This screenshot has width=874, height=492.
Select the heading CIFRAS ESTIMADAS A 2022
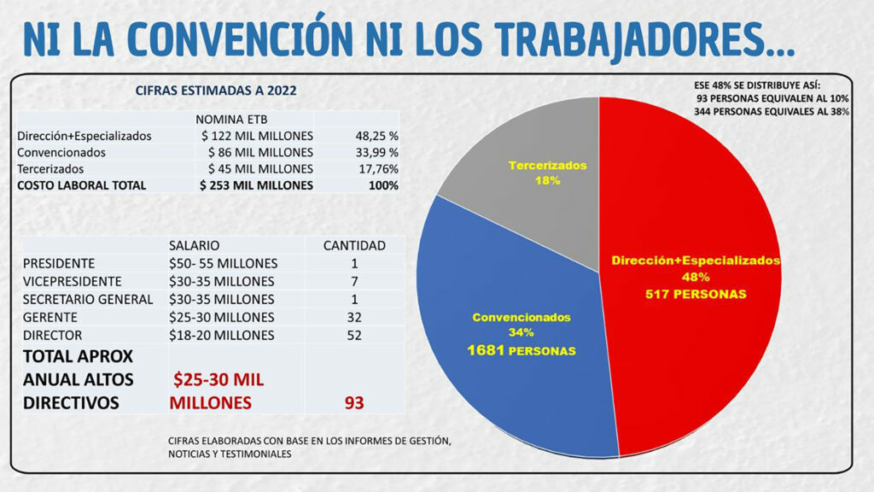[x=217, y=90]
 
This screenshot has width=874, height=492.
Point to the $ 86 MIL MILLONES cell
[x=258, y=152]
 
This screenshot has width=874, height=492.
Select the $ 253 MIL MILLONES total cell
[x=256, y=184]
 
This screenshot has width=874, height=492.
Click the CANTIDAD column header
[x=353, y=245]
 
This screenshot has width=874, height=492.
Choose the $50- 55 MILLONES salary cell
[x=223, y=263]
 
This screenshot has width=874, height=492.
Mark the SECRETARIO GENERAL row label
[x=88, y=299]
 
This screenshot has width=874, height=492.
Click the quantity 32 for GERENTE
[x=353, y=317]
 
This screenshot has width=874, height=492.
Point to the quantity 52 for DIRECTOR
[x=353, y=335]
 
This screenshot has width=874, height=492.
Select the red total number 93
[x=353, y=402]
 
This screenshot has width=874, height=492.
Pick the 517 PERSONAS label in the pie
[x=696, y=294]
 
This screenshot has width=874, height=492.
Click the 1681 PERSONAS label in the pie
[x=521, y=351]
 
